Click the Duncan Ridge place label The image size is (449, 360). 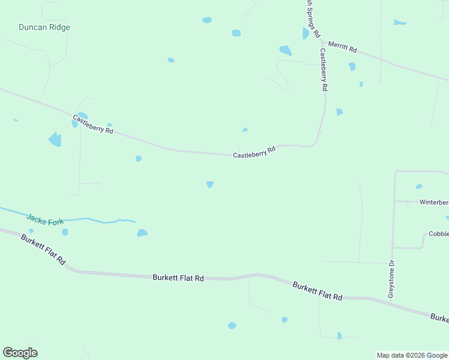(44, 28)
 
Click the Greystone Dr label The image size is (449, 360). (391, 279)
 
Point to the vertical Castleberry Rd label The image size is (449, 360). (324, 70)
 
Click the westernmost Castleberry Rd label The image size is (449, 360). (93, 124)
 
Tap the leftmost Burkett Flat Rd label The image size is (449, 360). (43, 251)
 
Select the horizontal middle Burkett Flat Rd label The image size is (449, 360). (178, 278)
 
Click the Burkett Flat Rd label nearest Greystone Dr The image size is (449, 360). (318, 292)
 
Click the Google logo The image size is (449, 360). (20, 353)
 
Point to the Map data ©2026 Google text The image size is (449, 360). (412, 355)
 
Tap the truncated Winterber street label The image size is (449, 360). (433, 202)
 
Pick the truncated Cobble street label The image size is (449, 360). (438, 235)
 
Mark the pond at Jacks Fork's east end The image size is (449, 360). (142, 233)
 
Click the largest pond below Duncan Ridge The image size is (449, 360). (55, 140)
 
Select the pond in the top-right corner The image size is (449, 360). (399, 23)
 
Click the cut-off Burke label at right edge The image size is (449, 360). (439, 317)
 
